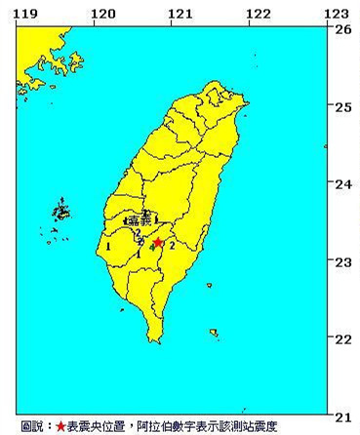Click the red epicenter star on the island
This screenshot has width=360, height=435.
coord(157,243)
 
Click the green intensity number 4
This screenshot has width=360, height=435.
coord(153,249)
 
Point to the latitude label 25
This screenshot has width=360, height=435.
coord(342,106)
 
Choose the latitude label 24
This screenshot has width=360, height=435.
coord(342,184)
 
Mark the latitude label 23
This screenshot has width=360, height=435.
coord(342,261)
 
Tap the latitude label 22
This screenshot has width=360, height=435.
coord(342,338)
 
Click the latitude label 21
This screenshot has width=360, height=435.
coord(342,415)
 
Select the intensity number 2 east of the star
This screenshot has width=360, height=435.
coord(173,247)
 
